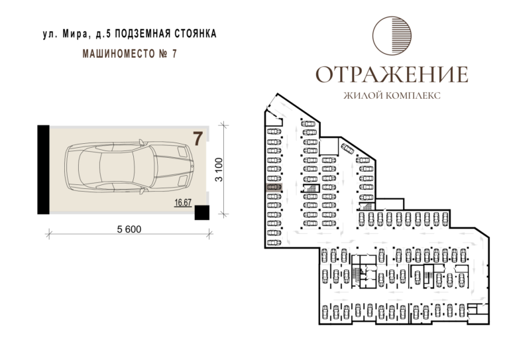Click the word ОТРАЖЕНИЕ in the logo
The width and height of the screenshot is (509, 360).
click(x=392, y=74)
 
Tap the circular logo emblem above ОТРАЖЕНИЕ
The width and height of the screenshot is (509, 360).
click(x=392, y=35)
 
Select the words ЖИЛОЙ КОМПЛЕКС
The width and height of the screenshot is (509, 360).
click(x=392, y=95)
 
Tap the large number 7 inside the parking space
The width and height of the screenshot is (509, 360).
click(x=198, y=139)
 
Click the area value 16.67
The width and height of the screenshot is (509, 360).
click(x=183, y=203)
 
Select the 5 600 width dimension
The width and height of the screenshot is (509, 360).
click(x=129, y=229)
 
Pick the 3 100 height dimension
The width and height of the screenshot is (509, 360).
click(x=220, y=170)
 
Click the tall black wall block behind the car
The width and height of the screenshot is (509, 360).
click(x=44, y=170)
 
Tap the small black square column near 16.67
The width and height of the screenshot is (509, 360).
click(x=202, y=213)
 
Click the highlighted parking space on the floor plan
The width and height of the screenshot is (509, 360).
click(x=274, y=188)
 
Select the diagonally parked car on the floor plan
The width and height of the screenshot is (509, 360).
click(x=348, y=149)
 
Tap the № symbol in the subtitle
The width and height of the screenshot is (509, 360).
click(x=163, y=54)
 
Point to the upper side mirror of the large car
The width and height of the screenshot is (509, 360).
click(x=142, y=142)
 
